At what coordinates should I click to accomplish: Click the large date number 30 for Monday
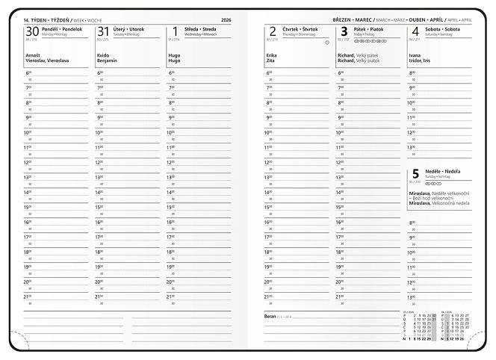click(32, 31)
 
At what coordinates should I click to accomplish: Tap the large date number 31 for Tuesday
click(103, 31)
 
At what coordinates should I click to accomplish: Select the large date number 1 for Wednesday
click(171, 31)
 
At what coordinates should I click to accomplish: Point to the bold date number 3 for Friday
click(344, 31)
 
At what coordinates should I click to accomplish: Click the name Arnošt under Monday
click(33, 55)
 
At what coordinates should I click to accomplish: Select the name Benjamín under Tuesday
click(108, 60)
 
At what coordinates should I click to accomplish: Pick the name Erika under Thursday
click(270, 55)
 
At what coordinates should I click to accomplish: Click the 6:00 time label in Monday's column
click(28, 73)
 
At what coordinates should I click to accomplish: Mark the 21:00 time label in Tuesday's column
click(100, 297)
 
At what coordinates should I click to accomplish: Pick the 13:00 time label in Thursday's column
click(270, 177)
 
